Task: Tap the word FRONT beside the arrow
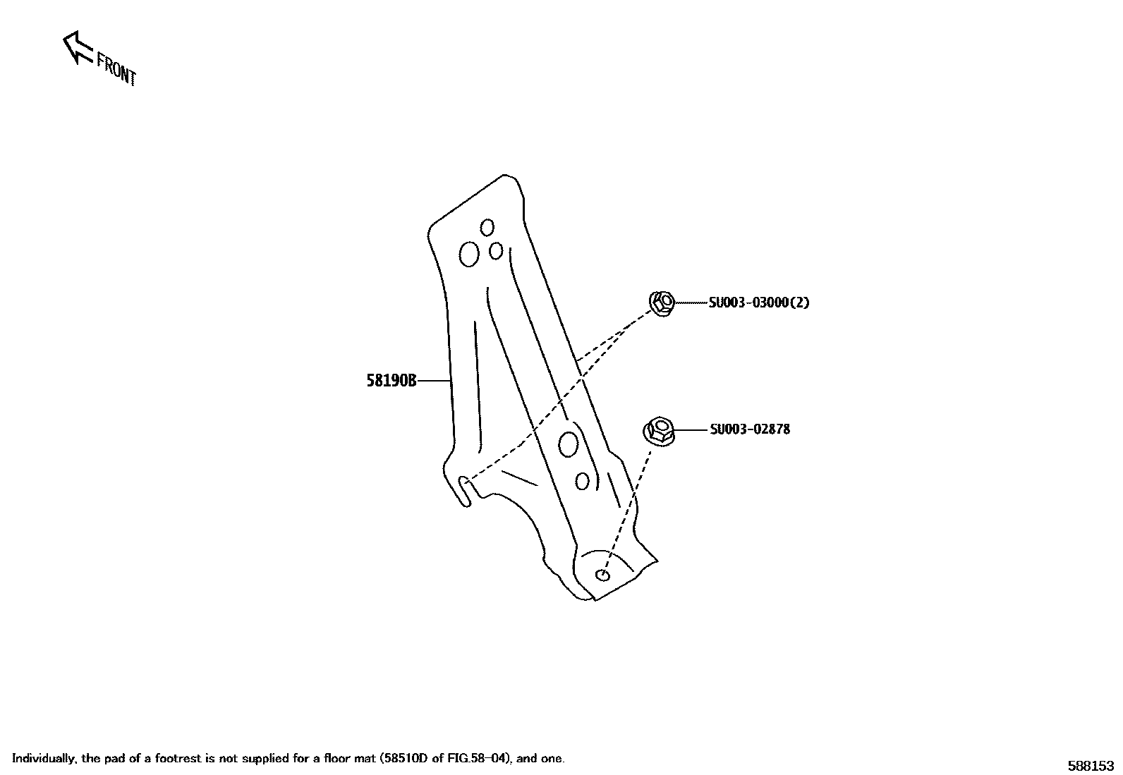click(116, 69)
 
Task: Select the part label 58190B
click(391, 381)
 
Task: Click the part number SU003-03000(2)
click(758, 303)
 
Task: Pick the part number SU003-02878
click(750, 429)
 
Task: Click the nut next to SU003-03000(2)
click(662, 303)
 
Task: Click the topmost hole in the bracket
click(487, 227)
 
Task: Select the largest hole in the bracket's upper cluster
click(468, 254)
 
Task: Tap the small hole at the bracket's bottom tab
click(602, 575)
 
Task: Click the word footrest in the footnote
click(192, 759)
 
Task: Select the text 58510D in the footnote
click(404, 759)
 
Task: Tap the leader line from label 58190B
click(434, 381)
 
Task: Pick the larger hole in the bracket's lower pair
click(568, 444)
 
